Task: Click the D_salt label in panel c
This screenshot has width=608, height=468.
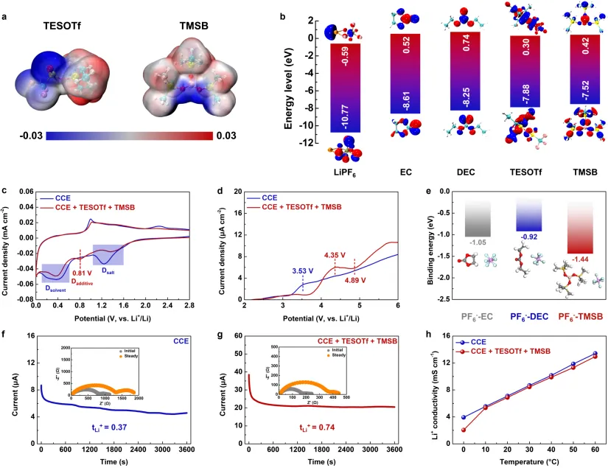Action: point(108,271)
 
